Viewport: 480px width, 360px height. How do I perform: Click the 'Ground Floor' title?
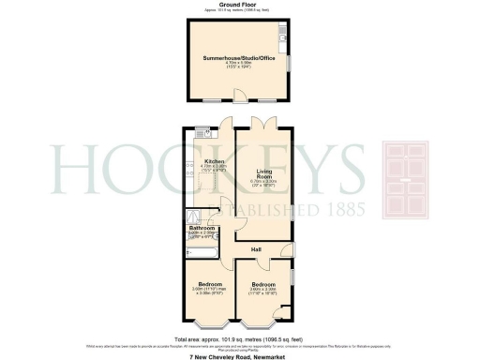(x=239, y=4)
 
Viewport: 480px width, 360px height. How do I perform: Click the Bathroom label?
(x=202, y=227)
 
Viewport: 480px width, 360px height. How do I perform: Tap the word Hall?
(x=255, y=248)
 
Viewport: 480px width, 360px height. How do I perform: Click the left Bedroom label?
(x=208, y=285)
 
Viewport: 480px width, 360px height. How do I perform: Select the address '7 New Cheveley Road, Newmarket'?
(x=239, y=356)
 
